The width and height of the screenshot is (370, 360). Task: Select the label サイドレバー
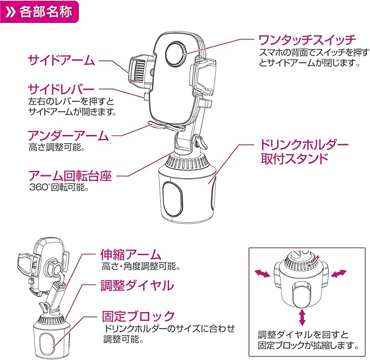click(61, 89)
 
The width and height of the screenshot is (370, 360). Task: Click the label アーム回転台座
click(70, 176)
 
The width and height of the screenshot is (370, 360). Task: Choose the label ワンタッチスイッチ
click(307, 40)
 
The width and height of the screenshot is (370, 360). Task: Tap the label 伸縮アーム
click(131, 254)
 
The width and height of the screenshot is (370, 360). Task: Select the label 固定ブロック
click(138, 316)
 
